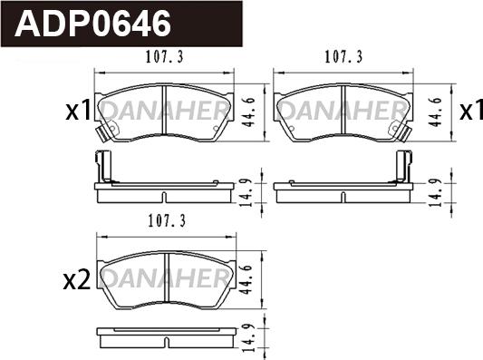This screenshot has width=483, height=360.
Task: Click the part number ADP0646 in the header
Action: [92, 24]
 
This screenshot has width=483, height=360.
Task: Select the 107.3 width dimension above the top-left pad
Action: [165, 57]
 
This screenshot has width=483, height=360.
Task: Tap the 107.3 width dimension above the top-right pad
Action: [343, 57]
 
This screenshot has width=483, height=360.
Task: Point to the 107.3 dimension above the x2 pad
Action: [168, 221]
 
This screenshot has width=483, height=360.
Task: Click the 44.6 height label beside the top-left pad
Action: [248, 112]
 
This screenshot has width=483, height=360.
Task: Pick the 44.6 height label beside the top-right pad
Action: [436, 112]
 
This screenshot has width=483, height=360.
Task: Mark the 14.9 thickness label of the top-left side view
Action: [247, 192]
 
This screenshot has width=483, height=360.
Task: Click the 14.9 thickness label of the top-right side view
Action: [436, 192]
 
